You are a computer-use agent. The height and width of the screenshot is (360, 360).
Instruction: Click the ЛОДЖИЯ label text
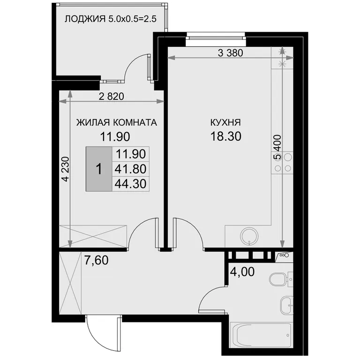point(85,19)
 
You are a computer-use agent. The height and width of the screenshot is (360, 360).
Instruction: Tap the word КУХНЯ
point(225,123)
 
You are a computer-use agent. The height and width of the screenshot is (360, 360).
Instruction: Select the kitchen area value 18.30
point(225,136)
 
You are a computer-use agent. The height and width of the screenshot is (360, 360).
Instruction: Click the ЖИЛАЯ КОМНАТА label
point(116,123)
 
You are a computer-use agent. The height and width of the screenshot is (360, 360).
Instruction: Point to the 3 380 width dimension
point(230,53)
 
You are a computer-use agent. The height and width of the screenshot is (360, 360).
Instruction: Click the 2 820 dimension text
point(112,97)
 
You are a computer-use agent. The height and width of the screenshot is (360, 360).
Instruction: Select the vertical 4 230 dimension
point(66,169)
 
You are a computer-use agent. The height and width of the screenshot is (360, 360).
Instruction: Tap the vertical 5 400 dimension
point(277,147)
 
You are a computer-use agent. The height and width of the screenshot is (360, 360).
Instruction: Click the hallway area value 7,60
point(97,260)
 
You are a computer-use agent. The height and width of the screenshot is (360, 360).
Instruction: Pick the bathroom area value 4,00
point(242,272)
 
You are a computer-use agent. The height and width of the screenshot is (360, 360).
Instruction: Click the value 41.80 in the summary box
point(130,169)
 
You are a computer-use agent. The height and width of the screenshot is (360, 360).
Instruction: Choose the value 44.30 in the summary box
point(130,184)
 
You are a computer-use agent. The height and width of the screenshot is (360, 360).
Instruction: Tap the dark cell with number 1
point(99,169)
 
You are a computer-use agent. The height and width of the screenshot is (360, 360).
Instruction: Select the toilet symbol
point(280,279)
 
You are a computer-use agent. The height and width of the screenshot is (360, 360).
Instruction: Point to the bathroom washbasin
point(286,305)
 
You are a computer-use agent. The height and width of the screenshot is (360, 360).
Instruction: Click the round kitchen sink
point(249,236)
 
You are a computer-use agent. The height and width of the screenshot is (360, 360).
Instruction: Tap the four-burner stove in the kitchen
point(282,163)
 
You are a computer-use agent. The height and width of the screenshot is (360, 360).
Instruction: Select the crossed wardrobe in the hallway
point(70,283)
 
